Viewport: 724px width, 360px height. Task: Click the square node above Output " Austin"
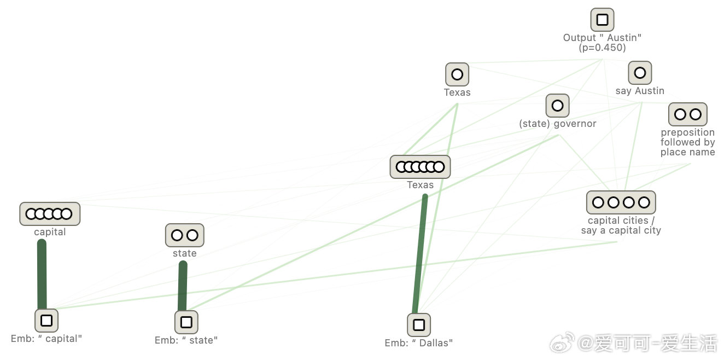tap(602, 20)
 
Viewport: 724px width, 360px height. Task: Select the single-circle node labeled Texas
tap(457, 74)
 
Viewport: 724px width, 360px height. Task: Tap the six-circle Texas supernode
tap(420, 167)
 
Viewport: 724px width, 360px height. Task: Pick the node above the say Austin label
tap(640, 73)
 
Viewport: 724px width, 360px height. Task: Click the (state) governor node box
tap(558, 106)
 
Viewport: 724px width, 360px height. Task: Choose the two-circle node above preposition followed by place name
tap(688, 114)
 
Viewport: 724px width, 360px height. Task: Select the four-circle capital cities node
tap(621, 202)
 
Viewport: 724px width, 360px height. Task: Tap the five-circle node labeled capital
tap(50, 214)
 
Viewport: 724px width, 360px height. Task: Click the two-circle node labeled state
tap(185, 235)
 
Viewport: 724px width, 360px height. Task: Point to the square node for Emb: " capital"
tap(46, 321)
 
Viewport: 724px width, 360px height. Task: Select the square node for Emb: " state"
tap(186, 322)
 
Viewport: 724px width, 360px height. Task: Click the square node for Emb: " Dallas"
tap(419, 325)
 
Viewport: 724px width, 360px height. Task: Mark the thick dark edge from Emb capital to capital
tap(42, 274)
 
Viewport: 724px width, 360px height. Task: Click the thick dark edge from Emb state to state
tap(183, 286)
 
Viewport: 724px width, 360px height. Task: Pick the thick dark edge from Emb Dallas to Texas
tap(420, 254)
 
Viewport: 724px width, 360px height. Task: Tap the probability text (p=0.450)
tap(602, 48)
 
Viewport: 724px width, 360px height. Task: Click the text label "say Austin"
tap(640, 91)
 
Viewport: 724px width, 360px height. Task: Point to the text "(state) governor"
tap(558, 124)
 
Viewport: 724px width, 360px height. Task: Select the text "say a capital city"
tap(621, 230)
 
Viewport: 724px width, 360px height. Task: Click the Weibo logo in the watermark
tap(562, 342)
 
